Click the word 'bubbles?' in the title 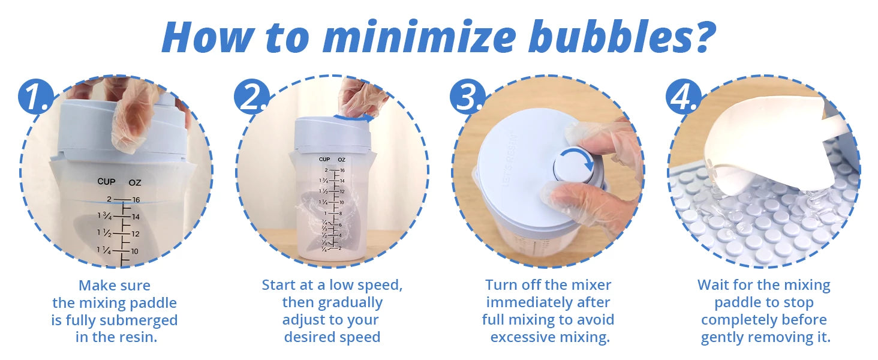[x=622, y=37]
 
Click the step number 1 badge [x=37, y=97]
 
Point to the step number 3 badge [x=468, y=97]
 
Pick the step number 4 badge [x=684, y=97]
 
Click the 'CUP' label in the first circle [x=106, y=182]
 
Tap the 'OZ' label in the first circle [x=135, y=182]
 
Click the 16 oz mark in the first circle [x=136, y=200]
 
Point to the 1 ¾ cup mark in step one [x=105, y=215]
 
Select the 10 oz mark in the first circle [x=134, y=251]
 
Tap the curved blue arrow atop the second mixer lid [x=354, y=116]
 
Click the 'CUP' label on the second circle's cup [x=324, y=159]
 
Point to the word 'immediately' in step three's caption [x=548, y=303]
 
